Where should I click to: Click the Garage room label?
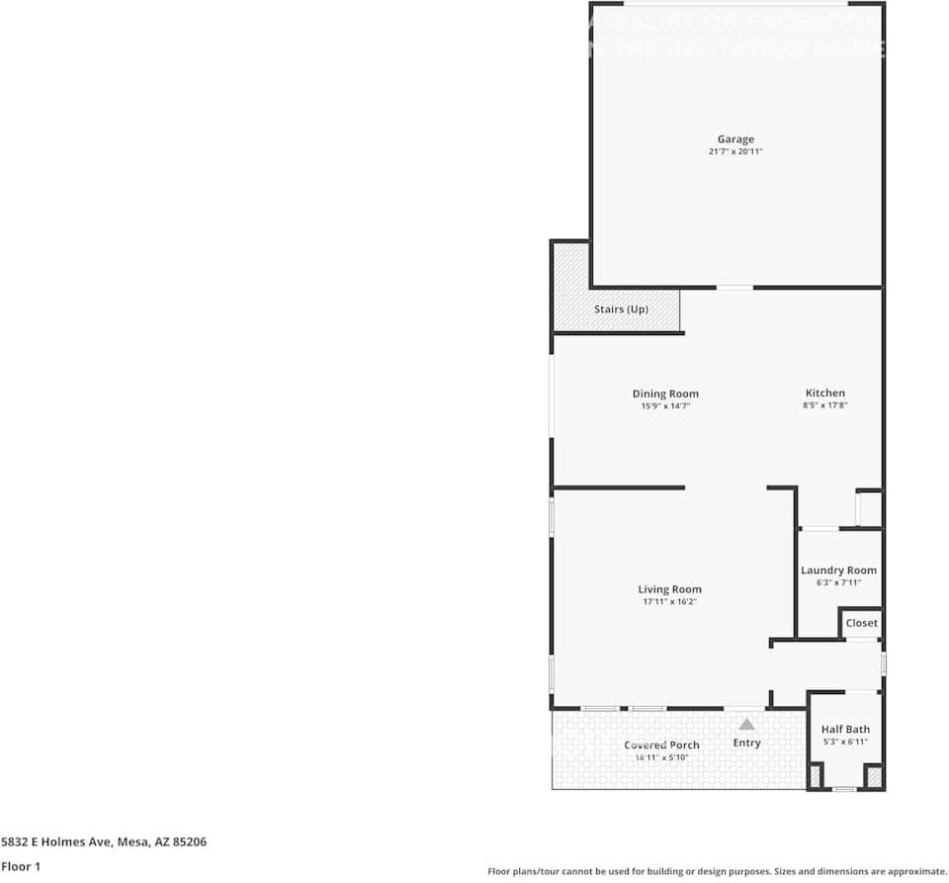pyautogui.click(x=735, y=139)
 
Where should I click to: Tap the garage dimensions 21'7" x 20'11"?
pyautogui.click(x=735, y=152)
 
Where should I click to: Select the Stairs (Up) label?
pyautogui.click(x=621, y=309)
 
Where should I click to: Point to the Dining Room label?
pyautogui.click(x=665, y=394)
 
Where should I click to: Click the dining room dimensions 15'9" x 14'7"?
pyautogui.click(x=665, y=405)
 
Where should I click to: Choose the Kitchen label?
pyautogui.click(x=824, y=393)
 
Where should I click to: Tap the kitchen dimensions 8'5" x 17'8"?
pyautogui.click(x=824, y=405)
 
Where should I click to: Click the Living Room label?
pyautogui.click(x=669, y=589)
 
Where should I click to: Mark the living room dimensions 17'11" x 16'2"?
pyautogui.click(x=669, y=601)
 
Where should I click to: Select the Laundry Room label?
pyautogui.click(x=838, y=571)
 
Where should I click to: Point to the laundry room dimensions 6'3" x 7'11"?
pyautogui.click(x=838, y=582)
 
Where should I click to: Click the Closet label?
pyautogui.click(x=861, y=623)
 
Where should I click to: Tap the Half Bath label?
pyautogui.click(x=845, y=729)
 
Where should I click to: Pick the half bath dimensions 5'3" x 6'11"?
pyautogui.click(x=845, y=742)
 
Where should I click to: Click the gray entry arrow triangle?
pyautogui.click(x=746, y=724)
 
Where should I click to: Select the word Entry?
pyautogui.click(x=746, y=743)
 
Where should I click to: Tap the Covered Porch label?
pyautogui.click(x=661, y=745)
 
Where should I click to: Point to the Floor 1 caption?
pyautogui.click(x=20, y=866)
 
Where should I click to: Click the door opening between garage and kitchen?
pyautogui.click(x=733, y=288)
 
